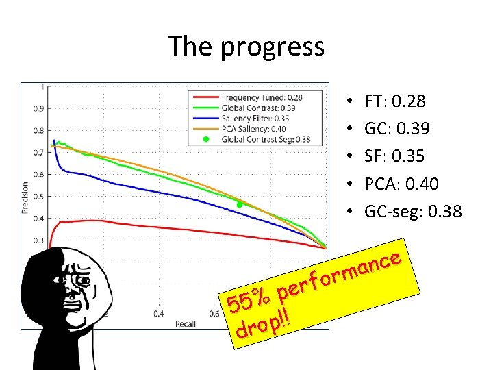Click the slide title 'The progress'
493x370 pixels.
coord(246,47)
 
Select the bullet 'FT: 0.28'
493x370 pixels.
coord(394,101)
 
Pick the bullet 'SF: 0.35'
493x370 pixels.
coord(394,156)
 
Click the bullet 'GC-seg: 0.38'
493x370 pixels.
coord(413,212)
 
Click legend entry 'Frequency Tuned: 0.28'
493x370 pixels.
coord(262,98)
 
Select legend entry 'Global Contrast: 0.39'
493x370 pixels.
coord(258,108)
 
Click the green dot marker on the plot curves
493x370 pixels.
coord(240,205)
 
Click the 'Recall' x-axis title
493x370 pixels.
coord(186,323)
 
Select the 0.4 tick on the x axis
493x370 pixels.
coord(158,314)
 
